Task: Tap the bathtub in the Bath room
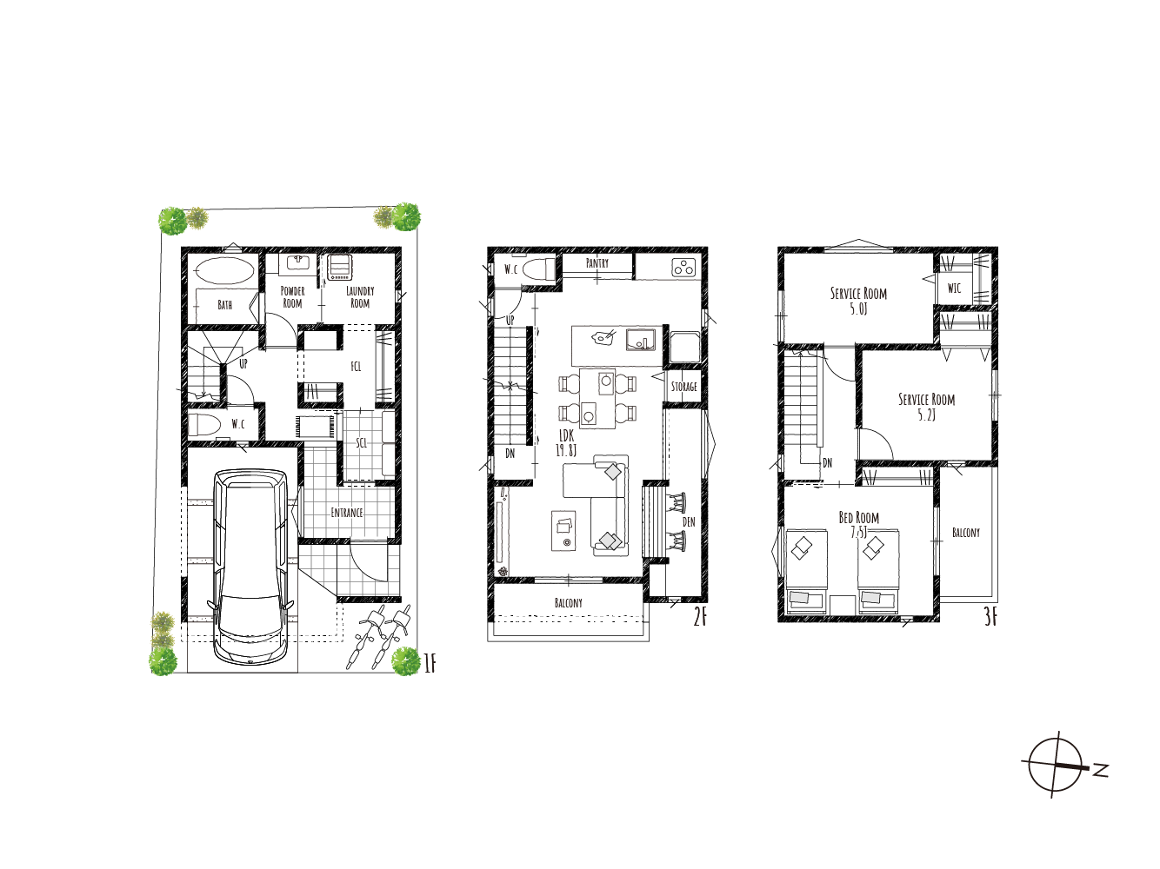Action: [x=223, y=271]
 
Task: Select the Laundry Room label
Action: [x=360, y=297]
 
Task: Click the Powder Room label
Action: [x=292, y=297]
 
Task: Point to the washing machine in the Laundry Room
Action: [x=339, y=267]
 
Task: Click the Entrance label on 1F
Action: [x=347, y=512]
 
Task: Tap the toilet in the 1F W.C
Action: [x=204, y=425]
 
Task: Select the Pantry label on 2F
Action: [x=597, y=263]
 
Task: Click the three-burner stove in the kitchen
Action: [x=684, y=269]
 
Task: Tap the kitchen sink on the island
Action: [x=641, y=340]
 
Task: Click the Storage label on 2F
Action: [x=683, y=387]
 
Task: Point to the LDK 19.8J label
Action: [x=565, y=443]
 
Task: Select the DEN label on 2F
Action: [x=689, y=521]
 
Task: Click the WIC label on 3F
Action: [x=954, y=289]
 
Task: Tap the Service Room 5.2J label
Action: [x=927, y=407]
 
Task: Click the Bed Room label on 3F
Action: [x=859, y=517]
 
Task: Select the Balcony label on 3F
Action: [x=966, y=533]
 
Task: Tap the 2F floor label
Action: [x=700, y=618]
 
